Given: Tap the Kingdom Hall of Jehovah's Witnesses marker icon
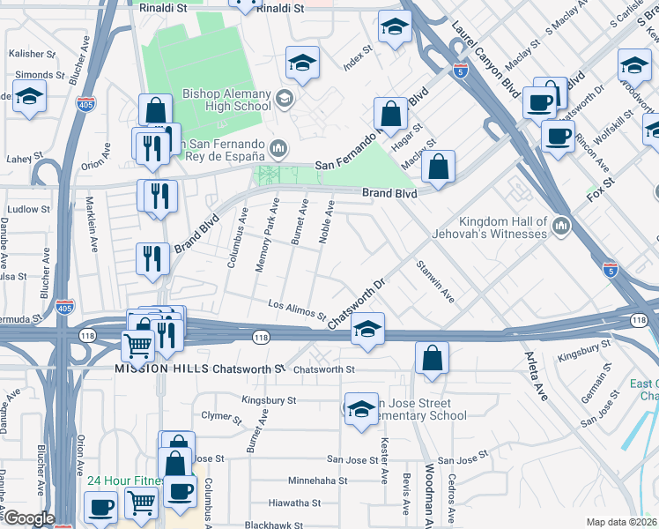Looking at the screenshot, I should pos(561,229).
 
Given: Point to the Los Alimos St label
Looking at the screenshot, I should pos(298,309).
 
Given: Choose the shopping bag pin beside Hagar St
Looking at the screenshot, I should pos(390,114).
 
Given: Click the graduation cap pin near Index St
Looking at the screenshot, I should pos(395,28).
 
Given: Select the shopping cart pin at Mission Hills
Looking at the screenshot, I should pos(138,346).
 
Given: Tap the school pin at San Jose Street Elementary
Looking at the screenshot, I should pos(360,410).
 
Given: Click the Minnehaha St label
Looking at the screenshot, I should pos(318,481).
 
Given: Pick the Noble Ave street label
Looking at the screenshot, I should pos(326,225).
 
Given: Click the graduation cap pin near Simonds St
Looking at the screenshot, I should pos(29,97).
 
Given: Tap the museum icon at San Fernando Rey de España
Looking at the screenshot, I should pos(279,146).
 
